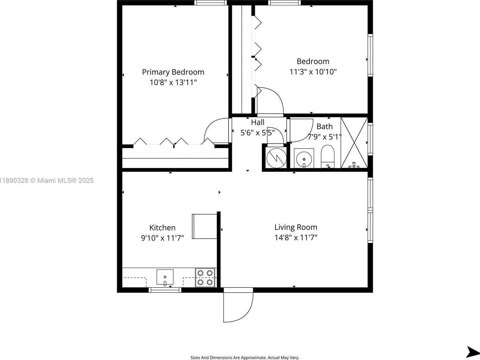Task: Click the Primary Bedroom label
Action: pyautogui.click(x=173, y=72)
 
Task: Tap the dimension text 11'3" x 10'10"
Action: pyautogui.click(x=313, y=72)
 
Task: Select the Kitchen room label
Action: pyautogui.click(x=162, y=228)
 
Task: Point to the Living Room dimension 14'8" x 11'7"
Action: pyautogui.click(x=296, y=237)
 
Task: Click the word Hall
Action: pyautogui.click(x=258, y=123)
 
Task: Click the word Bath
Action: pyautogui.click(x=324, y=127)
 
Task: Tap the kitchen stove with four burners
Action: pyautogui.click(x=205, y=278)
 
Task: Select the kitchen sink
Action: pyautogui.click(x=165, y=277)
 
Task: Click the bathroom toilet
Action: pyautogui.click(x=327, y=156)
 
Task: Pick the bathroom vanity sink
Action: pyautogui.click(x=304, y=158)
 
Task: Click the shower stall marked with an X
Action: pyautogui.click(x=354, y=142)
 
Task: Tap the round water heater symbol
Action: pyautogui.click(x=276, y=158)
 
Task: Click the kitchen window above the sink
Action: pyautogui.click(x=165, y=290)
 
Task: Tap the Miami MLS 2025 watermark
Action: pyautogui.click(x=47, y=180)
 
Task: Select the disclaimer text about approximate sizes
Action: pyautogui.click(x=245, y=357)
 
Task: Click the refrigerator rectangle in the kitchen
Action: pyautogui.click(x=204, y=226)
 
